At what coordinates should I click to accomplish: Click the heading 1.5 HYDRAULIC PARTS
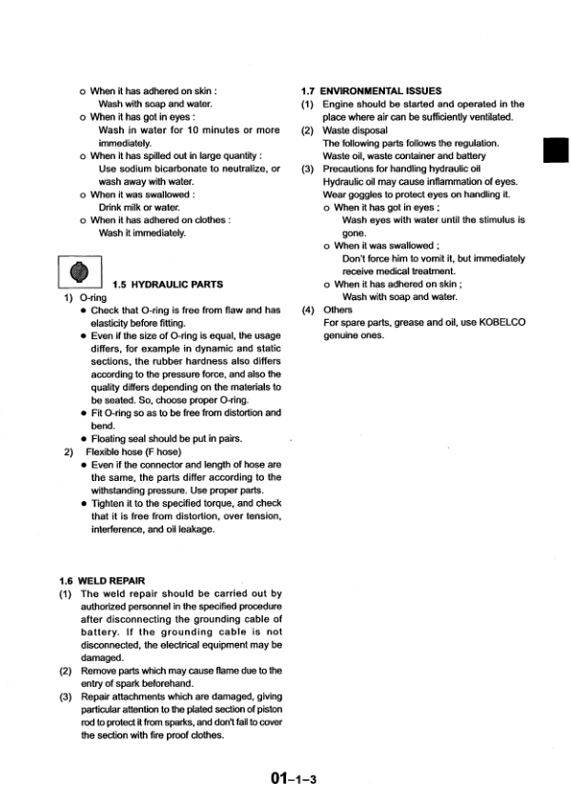click(x=168, y=284)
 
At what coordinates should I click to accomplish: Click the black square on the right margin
click(x=555, y=151)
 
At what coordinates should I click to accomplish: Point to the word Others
click(x=338, y=310)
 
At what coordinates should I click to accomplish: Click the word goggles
click(x=363, y=193)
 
